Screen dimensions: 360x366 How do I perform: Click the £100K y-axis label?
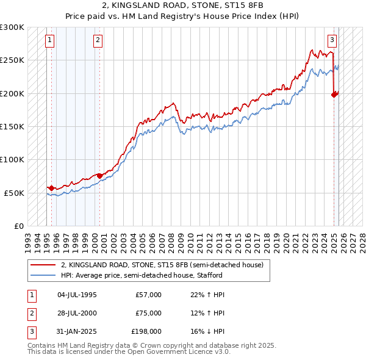pos(13,159)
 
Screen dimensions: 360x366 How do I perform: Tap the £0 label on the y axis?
pos(18,226)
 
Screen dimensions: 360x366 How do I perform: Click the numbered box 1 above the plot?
pos(49,41)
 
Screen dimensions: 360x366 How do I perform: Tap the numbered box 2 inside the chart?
pos(98,41)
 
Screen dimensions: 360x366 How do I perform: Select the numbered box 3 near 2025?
pos(332,41)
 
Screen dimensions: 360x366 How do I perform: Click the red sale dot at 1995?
pos(51,188)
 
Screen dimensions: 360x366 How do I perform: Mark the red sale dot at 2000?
pos(100,176)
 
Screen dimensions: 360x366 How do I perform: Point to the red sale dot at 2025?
pos(334,95)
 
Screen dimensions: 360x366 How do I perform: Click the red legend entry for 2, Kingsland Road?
pos(162,265)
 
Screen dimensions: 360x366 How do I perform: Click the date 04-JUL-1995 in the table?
pos(77,295)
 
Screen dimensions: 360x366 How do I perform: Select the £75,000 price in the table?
pos(149,313)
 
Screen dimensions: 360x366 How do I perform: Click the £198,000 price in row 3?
pos(147,331)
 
